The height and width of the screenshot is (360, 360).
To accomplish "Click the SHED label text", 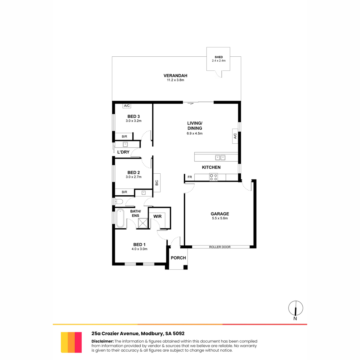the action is (219, 57).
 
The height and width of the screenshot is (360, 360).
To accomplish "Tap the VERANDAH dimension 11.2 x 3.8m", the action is (175, 80).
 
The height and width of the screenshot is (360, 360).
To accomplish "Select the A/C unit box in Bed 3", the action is (127, 106).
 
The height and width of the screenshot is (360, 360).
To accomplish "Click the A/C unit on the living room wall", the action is (235, 136).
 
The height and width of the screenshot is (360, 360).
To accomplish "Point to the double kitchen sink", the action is (220, 158).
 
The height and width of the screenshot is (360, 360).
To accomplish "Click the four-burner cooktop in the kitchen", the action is (214, 177).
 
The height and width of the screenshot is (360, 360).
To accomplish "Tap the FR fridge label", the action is (190, 177).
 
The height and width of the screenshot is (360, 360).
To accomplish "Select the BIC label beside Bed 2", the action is (157, 183).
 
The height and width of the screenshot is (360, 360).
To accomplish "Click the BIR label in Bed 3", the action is (124, 136).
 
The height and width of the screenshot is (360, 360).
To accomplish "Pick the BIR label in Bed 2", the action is (124, 192).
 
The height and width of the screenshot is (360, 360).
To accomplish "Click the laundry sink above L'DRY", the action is (125, 144).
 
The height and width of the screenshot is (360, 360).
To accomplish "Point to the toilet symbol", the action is (119, 202).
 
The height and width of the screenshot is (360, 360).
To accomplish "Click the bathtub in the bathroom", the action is (120, 218).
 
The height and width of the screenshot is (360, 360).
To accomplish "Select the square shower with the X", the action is (143, 223).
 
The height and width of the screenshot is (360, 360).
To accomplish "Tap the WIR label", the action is (157, 216).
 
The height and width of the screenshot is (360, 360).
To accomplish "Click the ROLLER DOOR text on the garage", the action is (220, 247).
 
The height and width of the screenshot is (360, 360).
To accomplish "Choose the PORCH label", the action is (178, 258).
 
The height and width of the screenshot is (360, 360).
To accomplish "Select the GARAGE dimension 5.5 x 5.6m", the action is (220, 218).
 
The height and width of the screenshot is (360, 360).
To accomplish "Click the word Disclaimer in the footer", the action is (103, 341).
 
